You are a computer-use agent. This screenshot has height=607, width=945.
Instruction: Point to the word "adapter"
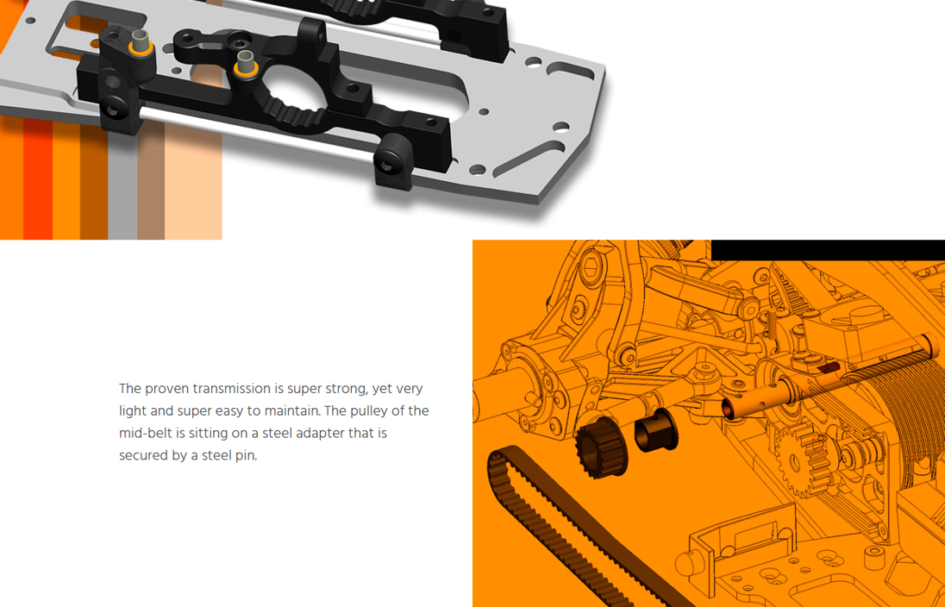pyautogui.click(x=320, y=434)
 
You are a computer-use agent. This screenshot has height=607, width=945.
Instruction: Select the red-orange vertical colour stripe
pyautogui.click(x=38, y=181)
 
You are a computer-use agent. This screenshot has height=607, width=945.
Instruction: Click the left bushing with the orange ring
pyautogui.click(x=141, y=43)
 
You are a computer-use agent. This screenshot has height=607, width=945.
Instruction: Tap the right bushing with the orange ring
pyautogui.click(x=246, y=64)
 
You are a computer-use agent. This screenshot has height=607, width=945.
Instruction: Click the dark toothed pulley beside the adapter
pyautogui.click(x=601, y=445)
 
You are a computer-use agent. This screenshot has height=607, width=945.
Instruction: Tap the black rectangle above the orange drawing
pyautogui.click(x=828, y=250)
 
